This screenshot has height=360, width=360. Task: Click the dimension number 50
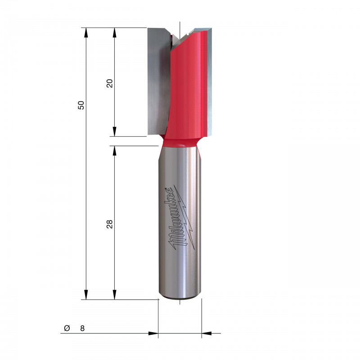(x=81, y=105)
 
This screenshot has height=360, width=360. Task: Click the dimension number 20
(x=110, y=83)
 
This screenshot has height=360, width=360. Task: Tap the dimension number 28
(x=110, y=224)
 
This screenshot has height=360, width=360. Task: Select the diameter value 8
(x=82, y=328)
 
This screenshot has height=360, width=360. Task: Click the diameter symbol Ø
(x=67, y=328)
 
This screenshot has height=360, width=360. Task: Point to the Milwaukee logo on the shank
(x=181, y=218)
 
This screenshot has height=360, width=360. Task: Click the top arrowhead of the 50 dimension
(x=86, y=32)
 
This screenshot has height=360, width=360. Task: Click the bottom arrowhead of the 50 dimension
(x=86, y=295)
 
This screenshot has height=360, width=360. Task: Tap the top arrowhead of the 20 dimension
(x=115, y=32)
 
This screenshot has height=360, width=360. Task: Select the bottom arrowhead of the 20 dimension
(x=115, y=131)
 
